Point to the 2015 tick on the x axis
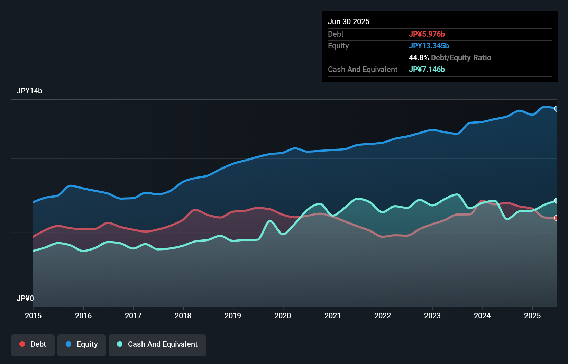[x=33, y=316]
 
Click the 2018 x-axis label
[x=183, y=316]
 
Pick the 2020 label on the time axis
[x=283, y=316]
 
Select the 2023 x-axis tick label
[x=432, y=316]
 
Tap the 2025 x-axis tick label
[x=532, y=316]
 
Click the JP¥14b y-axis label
[x=29, y=91]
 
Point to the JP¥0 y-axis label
[x=25, y=298]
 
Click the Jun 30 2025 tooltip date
[x=349, y=21]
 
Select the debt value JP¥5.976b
[x=427, y=34]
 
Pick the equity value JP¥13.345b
[x=429, y=46]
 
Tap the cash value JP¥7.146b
[x=427, y=69]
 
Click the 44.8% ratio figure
[x=419, y=57]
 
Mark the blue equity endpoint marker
[x=556, y=109]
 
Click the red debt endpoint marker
[x=556, y=218]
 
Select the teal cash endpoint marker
[x=556, y=201]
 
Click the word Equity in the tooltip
[x=338, y=46]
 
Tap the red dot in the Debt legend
[x=22, y=344]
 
